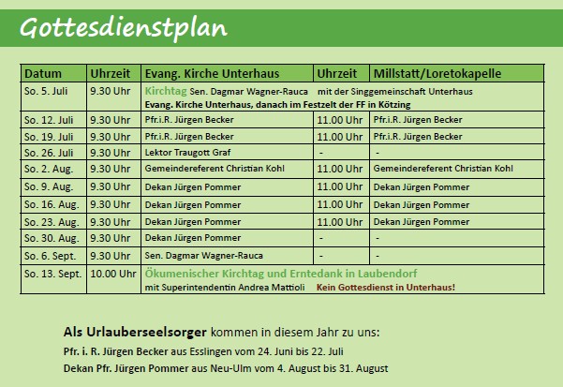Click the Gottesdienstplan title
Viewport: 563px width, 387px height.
[x=124, y=29]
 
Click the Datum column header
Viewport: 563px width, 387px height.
[x=43, y=74]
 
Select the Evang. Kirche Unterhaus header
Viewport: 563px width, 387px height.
[x=212, y=74]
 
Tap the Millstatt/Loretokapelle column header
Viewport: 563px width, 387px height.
[x=437, y=74]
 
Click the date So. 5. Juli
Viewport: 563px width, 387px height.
[x=46, y=91]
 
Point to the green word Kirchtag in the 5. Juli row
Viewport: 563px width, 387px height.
[x=166, y=91]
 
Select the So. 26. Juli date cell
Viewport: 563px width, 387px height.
[x=49, y=153]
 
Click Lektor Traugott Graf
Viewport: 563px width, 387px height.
[x=187, y=153]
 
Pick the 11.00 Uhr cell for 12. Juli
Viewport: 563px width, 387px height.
[x=340, y=120]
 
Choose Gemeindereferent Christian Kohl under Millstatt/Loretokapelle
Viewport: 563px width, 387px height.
[x=443, y=169]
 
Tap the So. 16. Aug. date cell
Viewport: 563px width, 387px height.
[x=52, y=204]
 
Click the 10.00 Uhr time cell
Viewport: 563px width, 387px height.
[x=113, y=274]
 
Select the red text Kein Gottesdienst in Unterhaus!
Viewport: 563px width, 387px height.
[x=386, y=287]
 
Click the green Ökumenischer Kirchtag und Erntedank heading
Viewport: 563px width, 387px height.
[x=281, y=274]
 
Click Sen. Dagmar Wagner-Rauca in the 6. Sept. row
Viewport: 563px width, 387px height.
[x=203, y=256]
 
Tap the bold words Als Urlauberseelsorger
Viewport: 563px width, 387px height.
[x=135, y=332]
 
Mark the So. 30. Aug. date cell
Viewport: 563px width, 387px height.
[x=52, y=238]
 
